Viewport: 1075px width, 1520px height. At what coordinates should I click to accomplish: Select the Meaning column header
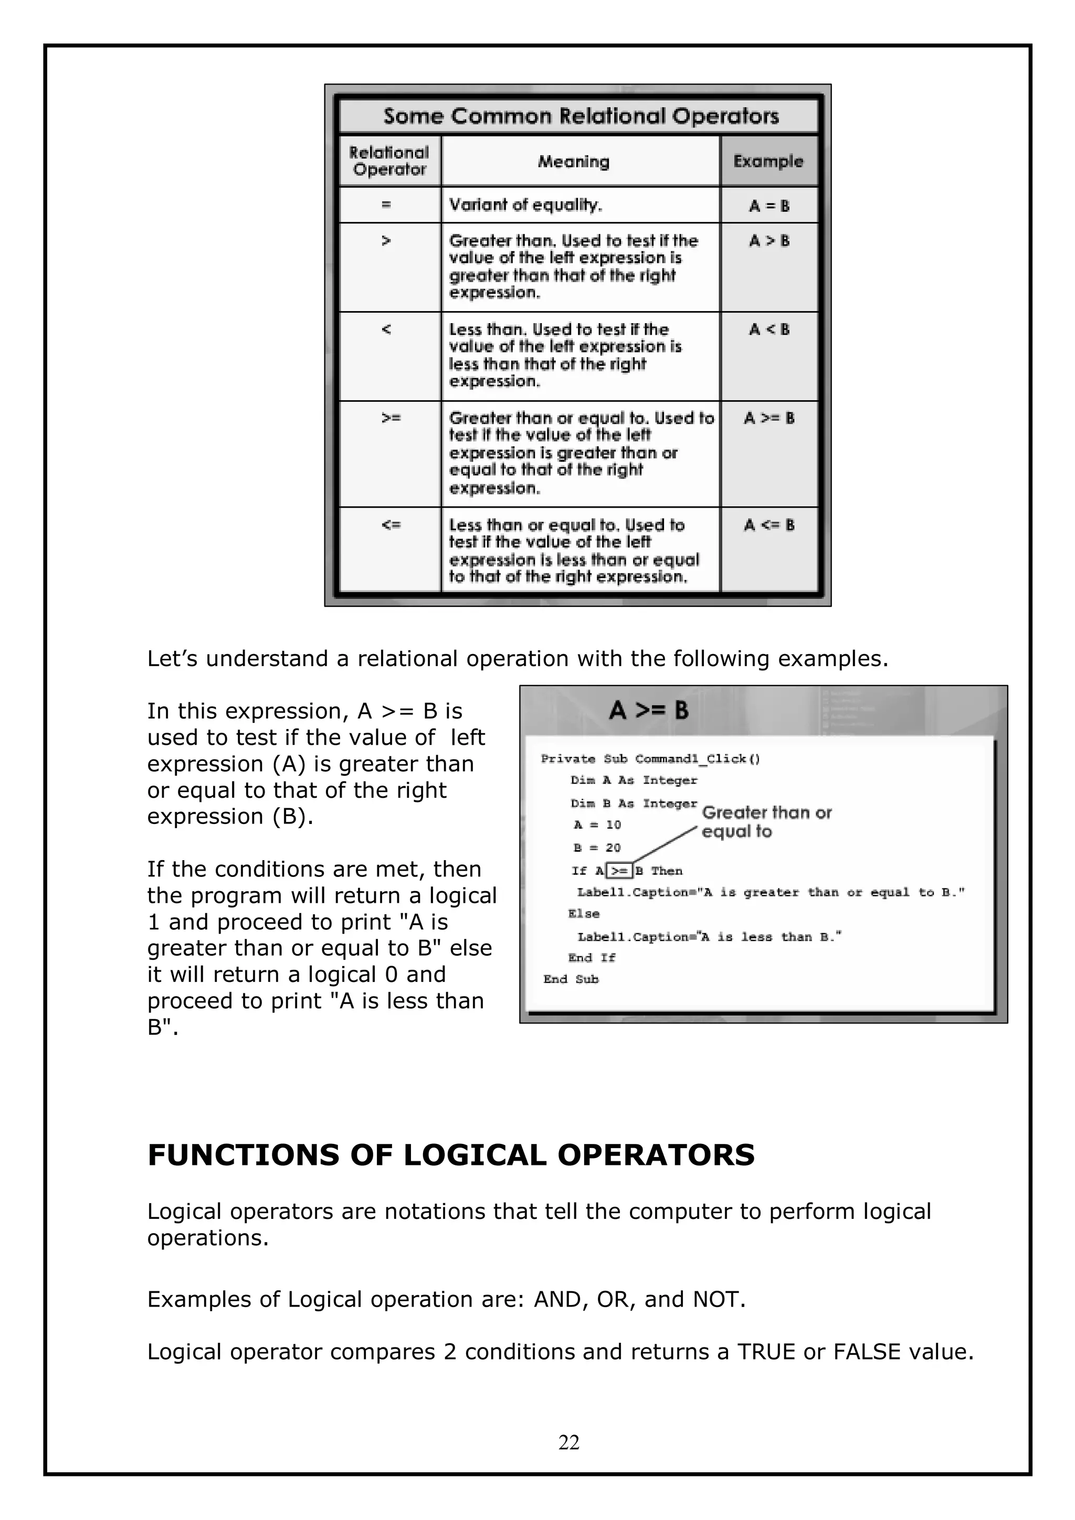coord(573,162)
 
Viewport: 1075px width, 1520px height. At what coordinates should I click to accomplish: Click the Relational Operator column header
coord(389,161)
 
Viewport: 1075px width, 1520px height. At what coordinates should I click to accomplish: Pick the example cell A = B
coord(769,206)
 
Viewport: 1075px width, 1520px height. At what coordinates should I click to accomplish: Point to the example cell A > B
coord(769,241)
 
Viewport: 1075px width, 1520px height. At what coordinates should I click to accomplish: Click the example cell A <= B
coord(768,525)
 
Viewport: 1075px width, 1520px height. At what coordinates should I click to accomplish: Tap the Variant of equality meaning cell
coord(525,205)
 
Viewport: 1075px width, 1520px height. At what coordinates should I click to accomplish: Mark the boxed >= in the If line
coord(619,871)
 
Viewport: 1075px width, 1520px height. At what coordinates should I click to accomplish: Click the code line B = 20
coord(597,848)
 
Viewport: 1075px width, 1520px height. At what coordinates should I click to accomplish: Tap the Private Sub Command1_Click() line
coord(650,758)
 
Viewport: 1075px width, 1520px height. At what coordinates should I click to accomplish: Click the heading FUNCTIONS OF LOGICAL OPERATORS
coord(450,1154)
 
